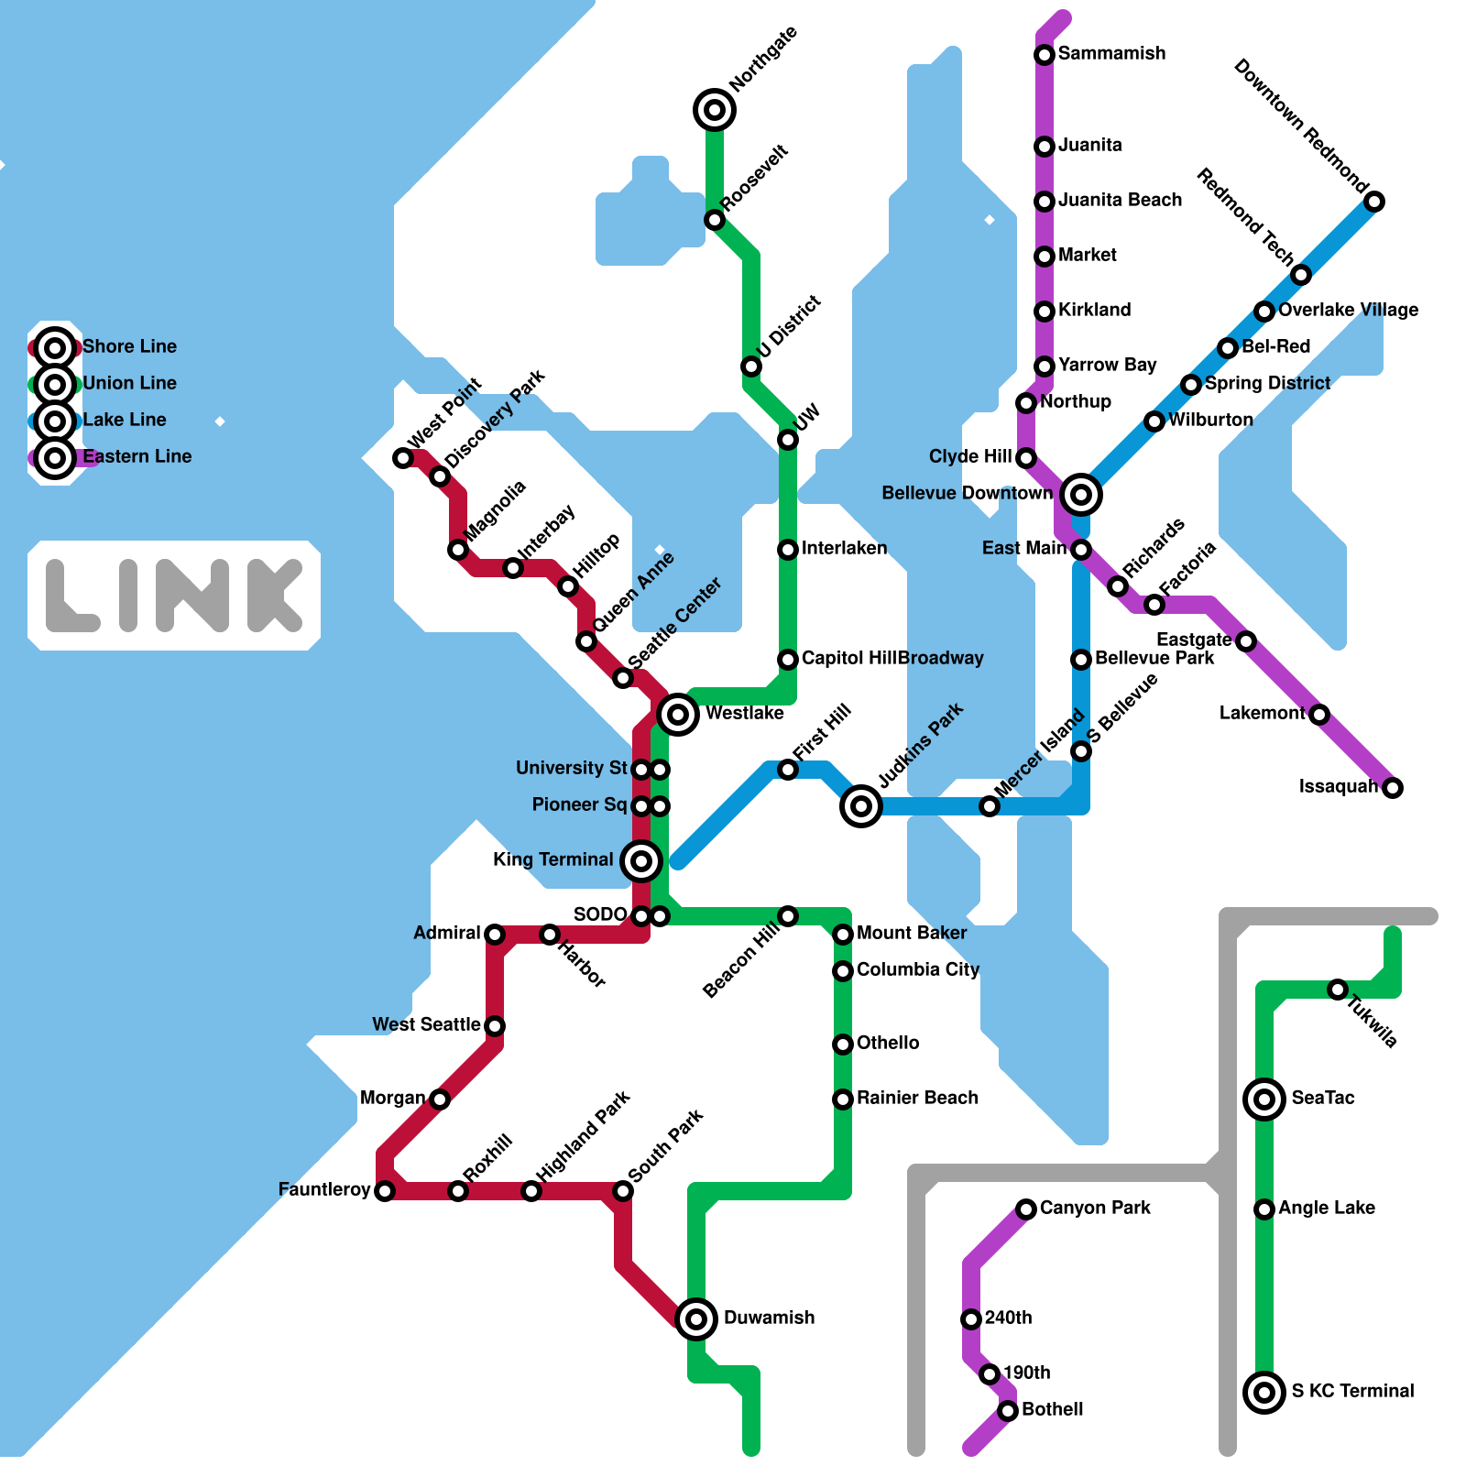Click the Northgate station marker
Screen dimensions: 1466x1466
(715, 110)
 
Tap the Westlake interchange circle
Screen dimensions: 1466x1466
(678, 713)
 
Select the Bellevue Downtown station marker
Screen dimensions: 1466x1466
(1081, 495)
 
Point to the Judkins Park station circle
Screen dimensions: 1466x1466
(861, 806)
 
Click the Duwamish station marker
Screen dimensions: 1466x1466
(696, 1319)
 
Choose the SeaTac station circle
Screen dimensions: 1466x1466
(1264, 1099)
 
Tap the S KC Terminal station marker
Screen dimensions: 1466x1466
(1264, 1393)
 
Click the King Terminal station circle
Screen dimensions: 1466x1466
(641, 860)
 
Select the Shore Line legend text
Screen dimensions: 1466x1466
(129, 346)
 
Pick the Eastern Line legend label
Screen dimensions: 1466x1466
(137, 456)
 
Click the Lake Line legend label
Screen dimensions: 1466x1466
(125, 420)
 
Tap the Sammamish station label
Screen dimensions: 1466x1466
(1111, 53)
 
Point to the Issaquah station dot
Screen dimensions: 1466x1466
(1393, 788)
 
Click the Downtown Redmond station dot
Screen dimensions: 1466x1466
(1374, 202)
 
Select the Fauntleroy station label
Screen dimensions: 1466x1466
(324, 1189)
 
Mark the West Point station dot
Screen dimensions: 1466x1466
(403, 458)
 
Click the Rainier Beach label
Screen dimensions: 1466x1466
(917, 1098)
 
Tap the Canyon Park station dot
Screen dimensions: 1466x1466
(1026, 1209)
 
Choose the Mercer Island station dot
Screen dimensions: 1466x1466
(990, 806)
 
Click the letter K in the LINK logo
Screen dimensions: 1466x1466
(275, 596)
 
